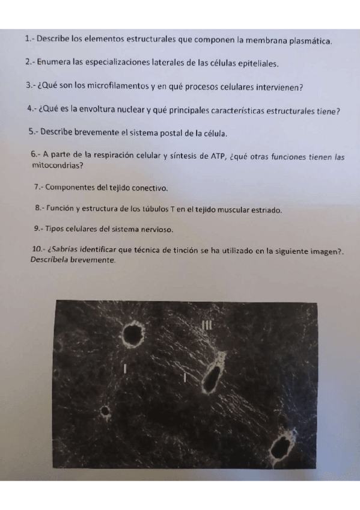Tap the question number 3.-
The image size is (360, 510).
pos(31,87)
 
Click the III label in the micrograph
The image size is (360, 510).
pos(208,325)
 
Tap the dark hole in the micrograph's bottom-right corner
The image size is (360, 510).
pos(279,447)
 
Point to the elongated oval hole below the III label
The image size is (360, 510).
pos(211,379)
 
